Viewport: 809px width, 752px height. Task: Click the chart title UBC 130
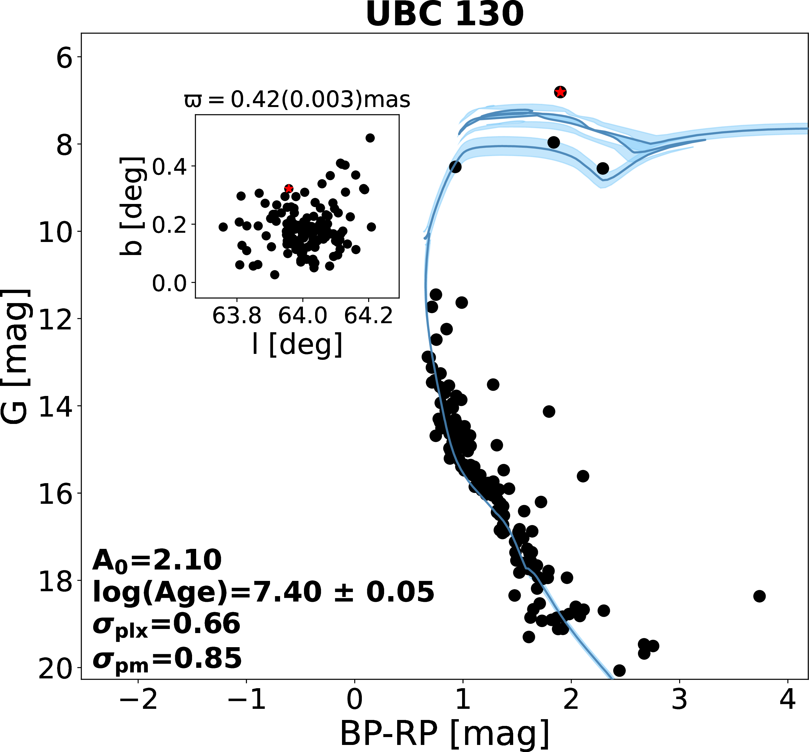[444, 15]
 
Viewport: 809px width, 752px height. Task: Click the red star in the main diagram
[560, 92]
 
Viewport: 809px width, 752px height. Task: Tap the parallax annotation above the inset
[297, 100]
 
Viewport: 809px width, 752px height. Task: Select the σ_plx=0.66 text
[167, 624]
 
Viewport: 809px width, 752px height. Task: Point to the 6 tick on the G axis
[64, 58]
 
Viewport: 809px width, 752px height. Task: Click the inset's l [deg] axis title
[297, 344]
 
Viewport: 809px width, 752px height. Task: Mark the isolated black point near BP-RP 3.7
[759, 596]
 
